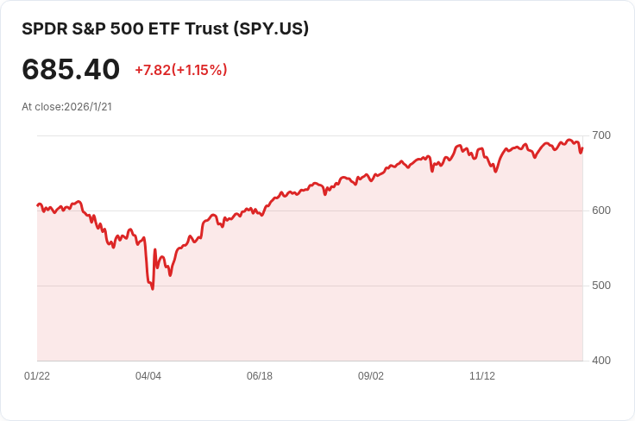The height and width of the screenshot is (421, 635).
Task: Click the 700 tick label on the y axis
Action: point(601,135)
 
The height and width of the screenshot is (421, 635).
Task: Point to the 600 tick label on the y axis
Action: point(601,210)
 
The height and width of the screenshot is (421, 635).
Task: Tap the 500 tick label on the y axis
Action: point(601,286)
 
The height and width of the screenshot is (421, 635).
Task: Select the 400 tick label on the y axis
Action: point(601,361)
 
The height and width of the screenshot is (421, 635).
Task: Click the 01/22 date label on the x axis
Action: point(37,376)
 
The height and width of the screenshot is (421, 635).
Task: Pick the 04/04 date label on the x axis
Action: point(148,376)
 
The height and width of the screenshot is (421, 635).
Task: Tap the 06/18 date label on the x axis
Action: point(260,376)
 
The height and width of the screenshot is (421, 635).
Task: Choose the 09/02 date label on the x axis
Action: point(371,376)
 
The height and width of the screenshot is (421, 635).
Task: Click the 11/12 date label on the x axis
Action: point(482,376)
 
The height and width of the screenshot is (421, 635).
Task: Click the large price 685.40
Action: point(71,70)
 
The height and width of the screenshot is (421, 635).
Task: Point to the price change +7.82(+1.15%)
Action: point(181,70)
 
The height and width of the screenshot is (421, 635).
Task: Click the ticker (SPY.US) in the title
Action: point(270,28)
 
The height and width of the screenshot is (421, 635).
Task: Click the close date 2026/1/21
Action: point(88,107)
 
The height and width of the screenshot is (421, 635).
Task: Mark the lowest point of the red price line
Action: point(153,288)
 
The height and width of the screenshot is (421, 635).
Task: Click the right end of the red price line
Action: point(582,148)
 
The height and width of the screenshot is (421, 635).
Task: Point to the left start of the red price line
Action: point(37,205)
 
